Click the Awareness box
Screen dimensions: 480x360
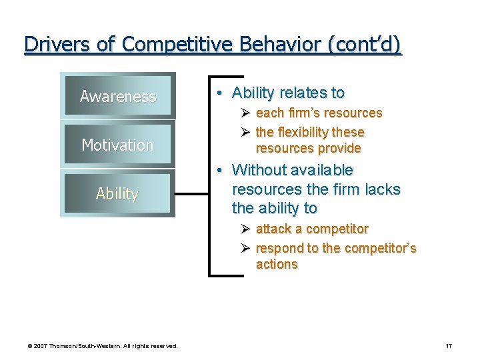click(x=117, y=97)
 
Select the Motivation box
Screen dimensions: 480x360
click(x=117, y=145)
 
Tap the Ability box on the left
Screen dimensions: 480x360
click(x=117, y=193)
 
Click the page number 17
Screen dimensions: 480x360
click(x=449, y=345)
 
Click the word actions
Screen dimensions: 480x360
click(x=277, y=264)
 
